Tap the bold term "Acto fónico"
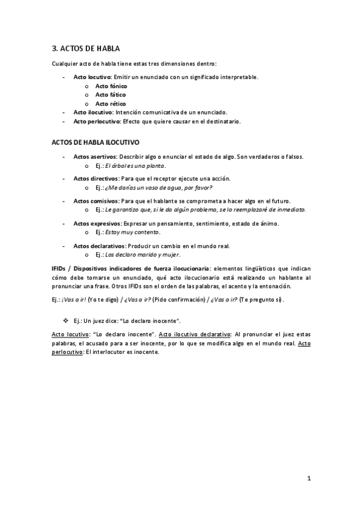(111, 86)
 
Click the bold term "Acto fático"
(111, 95)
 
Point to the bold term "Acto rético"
(111, 103)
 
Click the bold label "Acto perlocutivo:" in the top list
(97, 121)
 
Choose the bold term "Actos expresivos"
(97, 223)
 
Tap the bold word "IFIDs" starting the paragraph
(59, 267)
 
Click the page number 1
(309, 479)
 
